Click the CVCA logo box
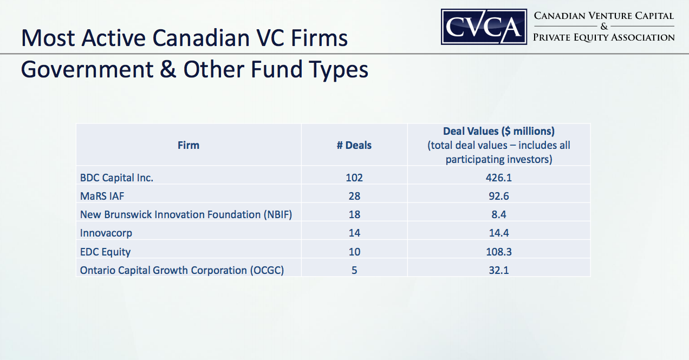pyautogui.click(x=484, y=27)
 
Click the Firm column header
pyautogui.click(x=188, y=145)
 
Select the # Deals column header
pyautogui.click(x=354, y=145)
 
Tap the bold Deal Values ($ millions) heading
pyautogui.click(x=498, y=131)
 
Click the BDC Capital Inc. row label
pyautogui.click(x=116, y=178)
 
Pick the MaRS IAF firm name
pyautogui.click(x=102, y=196)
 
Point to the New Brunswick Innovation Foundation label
pyautogui.click(x=186, y=214)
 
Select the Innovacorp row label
pyautogui.click(x=106, y=233)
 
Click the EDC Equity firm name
pyautogui.click(x=105, y=251)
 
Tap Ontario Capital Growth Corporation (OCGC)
pyautogui.click(x=182, y=270)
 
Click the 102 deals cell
pyautogui.click(x=354, y=178)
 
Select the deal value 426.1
pyautogui.click(x=498, y=178)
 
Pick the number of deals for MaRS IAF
pyautogui.click(x=354, y=196)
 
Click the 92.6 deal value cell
pyautogui.click(x=498, y=196)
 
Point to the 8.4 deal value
pyautogui.click(x=498, y=214)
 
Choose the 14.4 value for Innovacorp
pyautogui.click(x=498, y=233)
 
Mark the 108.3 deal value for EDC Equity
pyautogui.click(x=498, y=251)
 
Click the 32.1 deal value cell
pyautogui.click(x=498, y=270)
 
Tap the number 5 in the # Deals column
pyautogui.click(x=354, y=270)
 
